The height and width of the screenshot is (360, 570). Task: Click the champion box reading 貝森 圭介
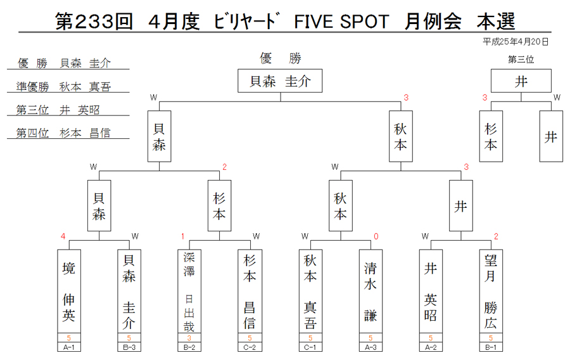[x=280, y=80]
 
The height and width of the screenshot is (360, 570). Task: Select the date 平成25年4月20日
[x=516, y=42]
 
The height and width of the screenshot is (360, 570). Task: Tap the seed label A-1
[x=68, y=347]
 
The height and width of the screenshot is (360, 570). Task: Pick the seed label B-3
[x=129, y=347]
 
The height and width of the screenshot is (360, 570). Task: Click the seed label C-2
[x=250, y=347]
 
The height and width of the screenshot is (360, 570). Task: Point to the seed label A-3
[x=370, y=347]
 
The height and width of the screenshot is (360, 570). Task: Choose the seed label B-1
[x=491, y=347]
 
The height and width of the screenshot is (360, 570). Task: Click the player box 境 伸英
[x=69, y=291]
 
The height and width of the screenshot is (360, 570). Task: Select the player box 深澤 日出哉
[x=189, y=291]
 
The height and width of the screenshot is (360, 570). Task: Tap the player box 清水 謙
[x=370, y=291]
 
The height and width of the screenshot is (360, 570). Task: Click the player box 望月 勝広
[x=491, y=291]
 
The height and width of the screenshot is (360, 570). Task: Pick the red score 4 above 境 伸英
[x=63, y=236]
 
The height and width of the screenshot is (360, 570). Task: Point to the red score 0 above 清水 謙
[x=376, y=236]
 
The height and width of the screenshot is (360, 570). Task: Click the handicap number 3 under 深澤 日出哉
[x=189, y=338]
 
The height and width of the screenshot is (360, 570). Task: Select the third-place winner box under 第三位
[x=521, y=80]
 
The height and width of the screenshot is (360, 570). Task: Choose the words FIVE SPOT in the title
[x=341, y=22]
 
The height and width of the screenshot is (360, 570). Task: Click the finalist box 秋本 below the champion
[x=401, y=136]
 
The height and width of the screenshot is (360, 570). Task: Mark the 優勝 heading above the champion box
[x=281, y=58]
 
